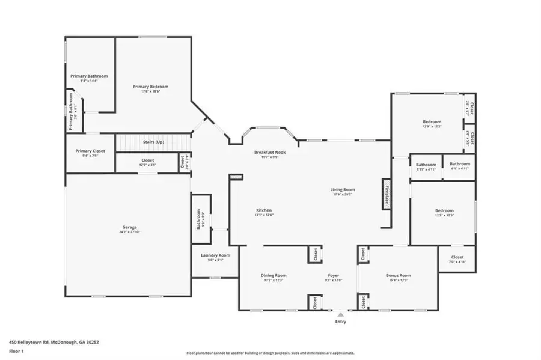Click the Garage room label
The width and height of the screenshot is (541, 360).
[x=129, y=227]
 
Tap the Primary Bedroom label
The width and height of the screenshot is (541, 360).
[x=150, y=87]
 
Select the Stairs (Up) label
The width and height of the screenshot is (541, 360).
[x=153, y=142]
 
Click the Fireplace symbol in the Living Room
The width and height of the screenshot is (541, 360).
[x=386, y=194]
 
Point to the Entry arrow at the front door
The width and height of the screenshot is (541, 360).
[x=340, y=314]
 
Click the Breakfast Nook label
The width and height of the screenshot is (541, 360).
[x=269, y=153]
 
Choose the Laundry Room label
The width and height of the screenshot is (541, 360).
[x=215, y=255]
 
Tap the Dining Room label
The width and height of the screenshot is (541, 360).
[x=272, y=275]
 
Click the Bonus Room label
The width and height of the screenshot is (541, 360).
[x=398, y=275]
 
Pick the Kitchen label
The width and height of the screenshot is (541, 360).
[x=264, y=210]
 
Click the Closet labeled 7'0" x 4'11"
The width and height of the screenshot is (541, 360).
[x=457, y=261]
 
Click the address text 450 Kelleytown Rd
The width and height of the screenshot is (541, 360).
[x=54, y=342]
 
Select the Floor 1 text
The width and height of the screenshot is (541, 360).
[x=16, y=350]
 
